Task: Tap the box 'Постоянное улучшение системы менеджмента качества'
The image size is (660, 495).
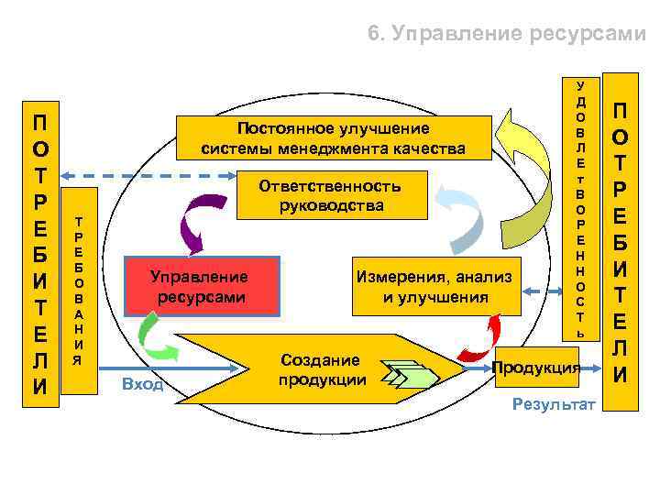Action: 333,137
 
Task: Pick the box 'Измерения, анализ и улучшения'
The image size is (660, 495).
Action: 435,286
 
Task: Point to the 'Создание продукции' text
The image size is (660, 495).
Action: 320,369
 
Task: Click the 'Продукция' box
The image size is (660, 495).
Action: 536,368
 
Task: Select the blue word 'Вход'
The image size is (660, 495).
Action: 142,383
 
